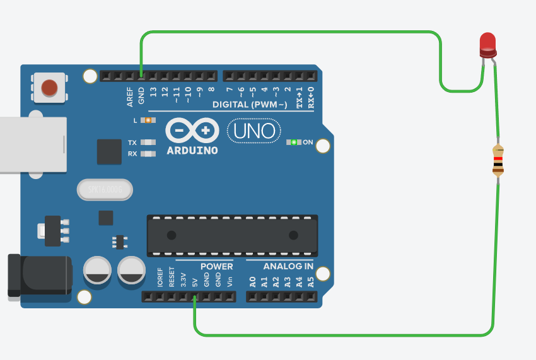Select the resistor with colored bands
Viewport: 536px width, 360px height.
coord(498,160)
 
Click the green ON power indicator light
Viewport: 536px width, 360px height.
coord(293,142)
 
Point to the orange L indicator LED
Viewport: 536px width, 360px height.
coord(148,120)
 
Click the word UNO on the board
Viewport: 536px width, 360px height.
coord(254,131)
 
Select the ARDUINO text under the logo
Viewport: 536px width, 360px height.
coord(192,151)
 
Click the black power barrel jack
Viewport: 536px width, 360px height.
coord(39,275)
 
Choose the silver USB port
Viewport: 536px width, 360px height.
coord(32,144)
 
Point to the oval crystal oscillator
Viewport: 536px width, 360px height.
coord(105,189)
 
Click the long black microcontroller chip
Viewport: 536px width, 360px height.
coord(232,235)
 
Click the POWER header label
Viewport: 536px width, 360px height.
coord(216,266)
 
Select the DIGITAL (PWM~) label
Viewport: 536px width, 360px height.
coord(250,104)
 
